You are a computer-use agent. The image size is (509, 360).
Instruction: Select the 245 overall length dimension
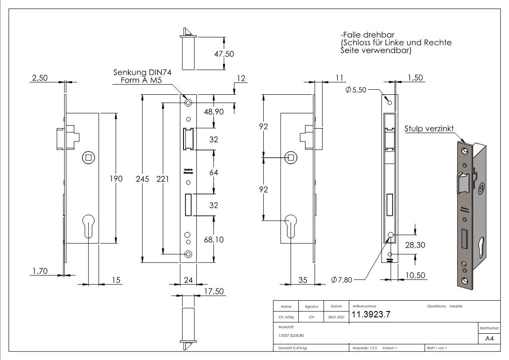143,179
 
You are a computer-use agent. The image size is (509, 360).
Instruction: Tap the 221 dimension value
162,179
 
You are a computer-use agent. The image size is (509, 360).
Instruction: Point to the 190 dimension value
116,179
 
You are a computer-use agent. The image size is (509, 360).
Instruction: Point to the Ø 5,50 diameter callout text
355,90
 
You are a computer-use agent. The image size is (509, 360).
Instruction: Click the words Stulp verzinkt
429,129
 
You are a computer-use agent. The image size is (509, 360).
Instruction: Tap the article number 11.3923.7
371,315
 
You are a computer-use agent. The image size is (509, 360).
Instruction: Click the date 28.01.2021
336,317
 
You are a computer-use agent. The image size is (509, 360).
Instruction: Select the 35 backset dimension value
302,281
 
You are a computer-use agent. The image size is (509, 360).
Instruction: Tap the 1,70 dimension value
40,271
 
